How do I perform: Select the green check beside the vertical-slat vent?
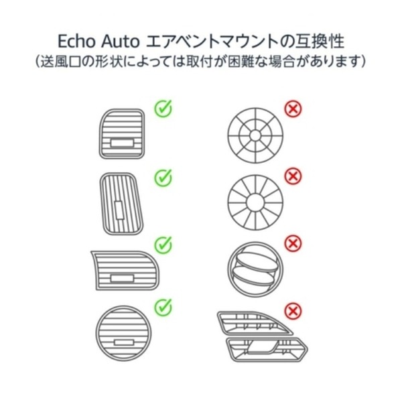click(163, 177)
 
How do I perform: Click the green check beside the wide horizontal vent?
click(163, 244)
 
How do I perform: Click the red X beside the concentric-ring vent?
click(292, 108)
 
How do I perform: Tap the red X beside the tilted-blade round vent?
click(292, 243)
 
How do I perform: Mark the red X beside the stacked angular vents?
click(292, 310)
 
